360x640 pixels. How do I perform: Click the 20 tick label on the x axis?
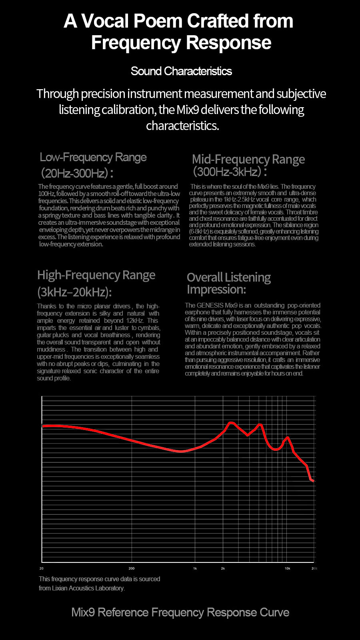click(x=42, y=568)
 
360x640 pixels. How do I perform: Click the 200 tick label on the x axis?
click(x=132, y=568)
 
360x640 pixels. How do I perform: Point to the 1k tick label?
click(x=195, y=568)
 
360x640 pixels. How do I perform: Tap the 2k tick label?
click(x=223, y=568)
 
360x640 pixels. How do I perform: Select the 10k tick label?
click(x=287, y=568)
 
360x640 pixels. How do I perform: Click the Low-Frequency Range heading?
click(x=93, y=157)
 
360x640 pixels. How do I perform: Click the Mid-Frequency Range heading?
click(x=248, y=159)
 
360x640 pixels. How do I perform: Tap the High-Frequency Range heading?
click(x=96, y=275)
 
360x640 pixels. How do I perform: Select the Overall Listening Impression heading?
click(x=228, y=283)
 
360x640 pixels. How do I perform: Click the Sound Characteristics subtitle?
click(x=181, y=71)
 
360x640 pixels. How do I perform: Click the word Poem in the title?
click(x=158, y=21)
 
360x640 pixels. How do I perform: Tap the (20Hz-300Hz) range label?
click(x=76, y=173)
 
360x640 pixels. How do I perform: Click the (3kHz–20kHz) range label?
click(x=74, y=292)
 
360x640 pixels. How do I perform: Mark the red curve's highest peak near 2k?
click(x=231, y=422)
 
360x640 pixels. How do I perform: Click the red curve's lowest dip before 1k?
click(x=181, y=452)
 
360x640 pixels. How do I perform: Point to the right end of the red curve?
click(x=314, y=481)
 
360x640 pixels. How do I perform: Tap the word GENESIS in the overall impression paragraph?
click(x=210, y=305)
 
